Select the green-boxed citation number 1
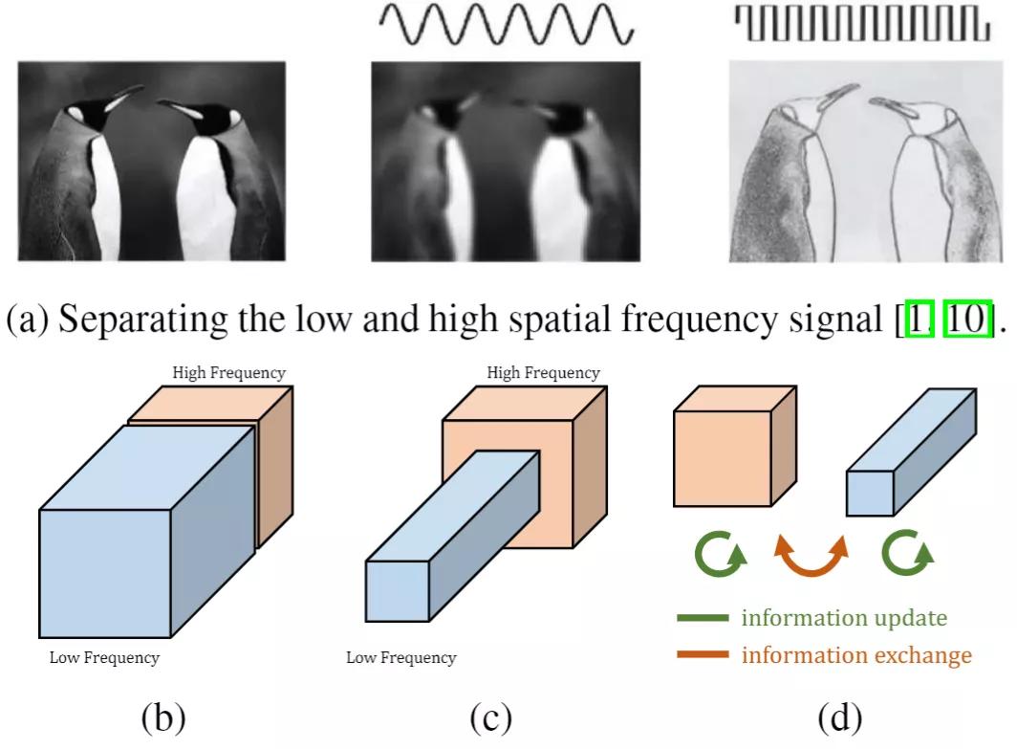(918, 320)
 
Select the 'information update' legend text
(844, 618)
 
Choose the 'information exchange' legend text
(856, 655)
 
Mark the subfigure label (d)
(839, 717)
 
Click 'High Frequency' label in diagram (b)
(229, 371)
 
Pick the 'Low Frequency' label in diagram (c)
(400, 657)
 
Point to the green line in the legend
(703, 618)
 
